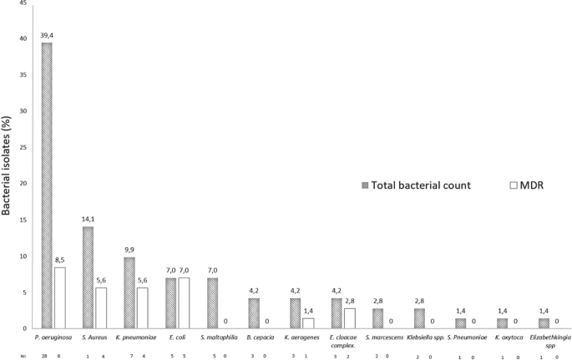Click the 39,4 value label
pyautogui.click(x=47, y=35)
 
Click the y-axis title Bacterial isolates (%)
pyautogui.click(x=8, y=165)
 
